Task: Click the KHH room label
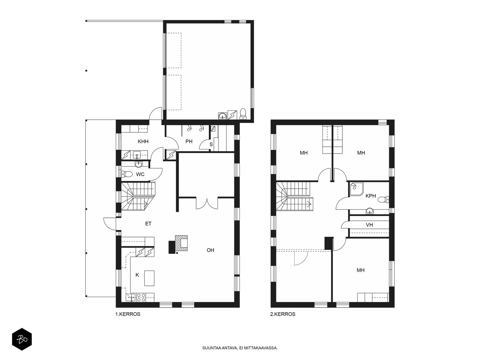(x=143, y=141)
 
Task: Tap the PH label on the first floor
(x=189, y=141)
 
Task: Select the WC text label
(x=140, y=174)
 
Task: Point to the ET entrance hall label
(x=148, y=223)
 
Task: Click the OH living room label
(x=210, y=250)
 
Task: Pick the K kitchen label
(x=137, y=275)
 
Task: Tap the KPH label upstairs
(x=371, y=196)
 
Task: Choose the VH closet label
(x=369, y=225)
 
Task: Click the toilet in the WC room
(x=127, y=174)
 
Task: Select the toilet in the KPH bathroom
(x=383, y=199)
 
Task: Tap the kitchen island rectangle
(x=149, y=278)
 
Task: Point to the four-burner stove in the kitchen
(x=141, y=298)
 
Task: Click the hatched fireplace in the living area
(x=181, y=243)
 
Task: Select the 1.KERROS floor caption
(x=128, y=314)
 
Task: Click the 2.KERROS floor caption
(x=283, y=314)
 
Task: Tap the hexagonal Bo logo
(x=22, y=339)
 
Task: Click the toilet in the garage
(x=243, y=114)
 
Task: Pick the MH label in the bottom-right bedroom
(x=361, y=270)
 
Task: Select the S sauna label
(x=211, y=145)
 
